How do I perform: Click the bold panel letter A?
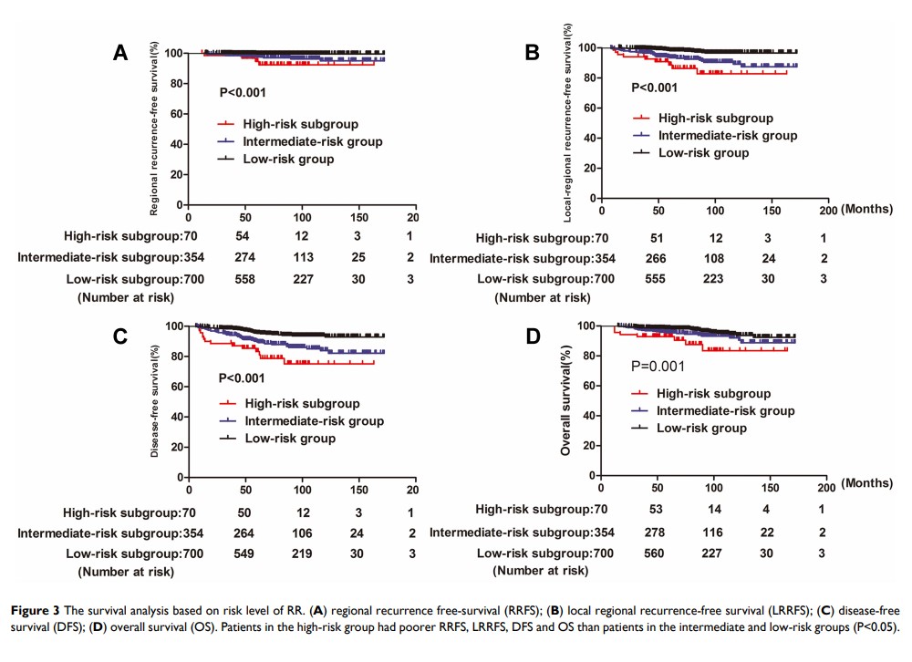tap(120, 53)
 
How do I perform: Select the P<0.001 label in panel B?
tap(654, 88)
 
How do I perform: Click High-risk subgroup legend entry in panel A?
tap(287, 124)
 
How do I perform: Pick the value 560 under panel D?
tap(660, 553)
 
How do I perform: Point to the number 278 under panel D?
tap(660, 533)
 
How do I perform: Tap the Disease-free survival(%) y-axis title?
tap(156, 400)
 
